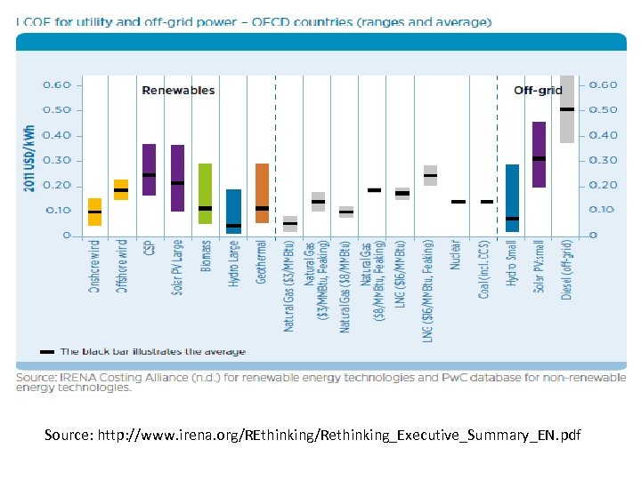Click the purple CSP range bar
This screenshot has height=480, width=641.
149,169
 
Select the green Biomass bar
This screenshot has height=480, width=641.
205,193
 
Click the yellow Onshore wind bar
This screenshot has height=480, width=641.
94,212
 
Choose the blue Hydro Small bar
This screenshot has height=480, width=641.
512,197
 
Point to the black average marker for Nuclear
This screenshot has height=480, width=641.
458,202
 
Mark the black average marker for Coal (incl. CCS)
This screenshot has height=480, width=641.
486,202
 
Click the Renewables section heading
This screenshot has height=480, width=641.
178,90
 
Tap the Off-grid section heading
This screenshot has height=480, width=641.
538,90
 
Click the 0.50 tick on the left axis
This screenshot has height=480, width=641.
58,110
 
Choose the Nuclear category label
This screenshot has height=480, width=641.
456,259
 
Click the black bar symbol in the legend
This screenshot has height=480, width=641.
47,352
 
